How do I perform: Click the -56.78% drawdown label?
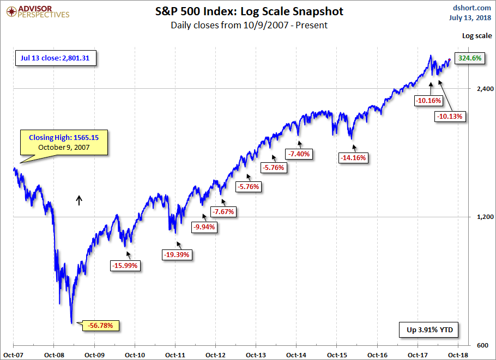(x=100, y=326)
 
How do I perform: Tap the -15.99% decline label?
(x=126, y=266)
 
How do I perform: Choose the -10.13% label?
(x=451, y=116)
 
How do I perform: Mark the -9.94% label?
(x=204, y=227)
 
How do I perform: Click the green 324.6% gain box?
(x=469, y=58)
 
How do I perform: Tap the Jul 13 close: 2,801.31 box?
(x=55, y=58)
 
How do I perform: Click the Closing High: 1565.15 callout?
(x=63, y=143)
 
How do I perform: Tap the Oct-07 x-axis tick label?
(x=13, y=355)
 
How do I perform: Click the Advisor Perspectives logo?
(x=37, y=12)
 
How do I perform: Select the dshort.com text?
(x=472, y=8)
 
